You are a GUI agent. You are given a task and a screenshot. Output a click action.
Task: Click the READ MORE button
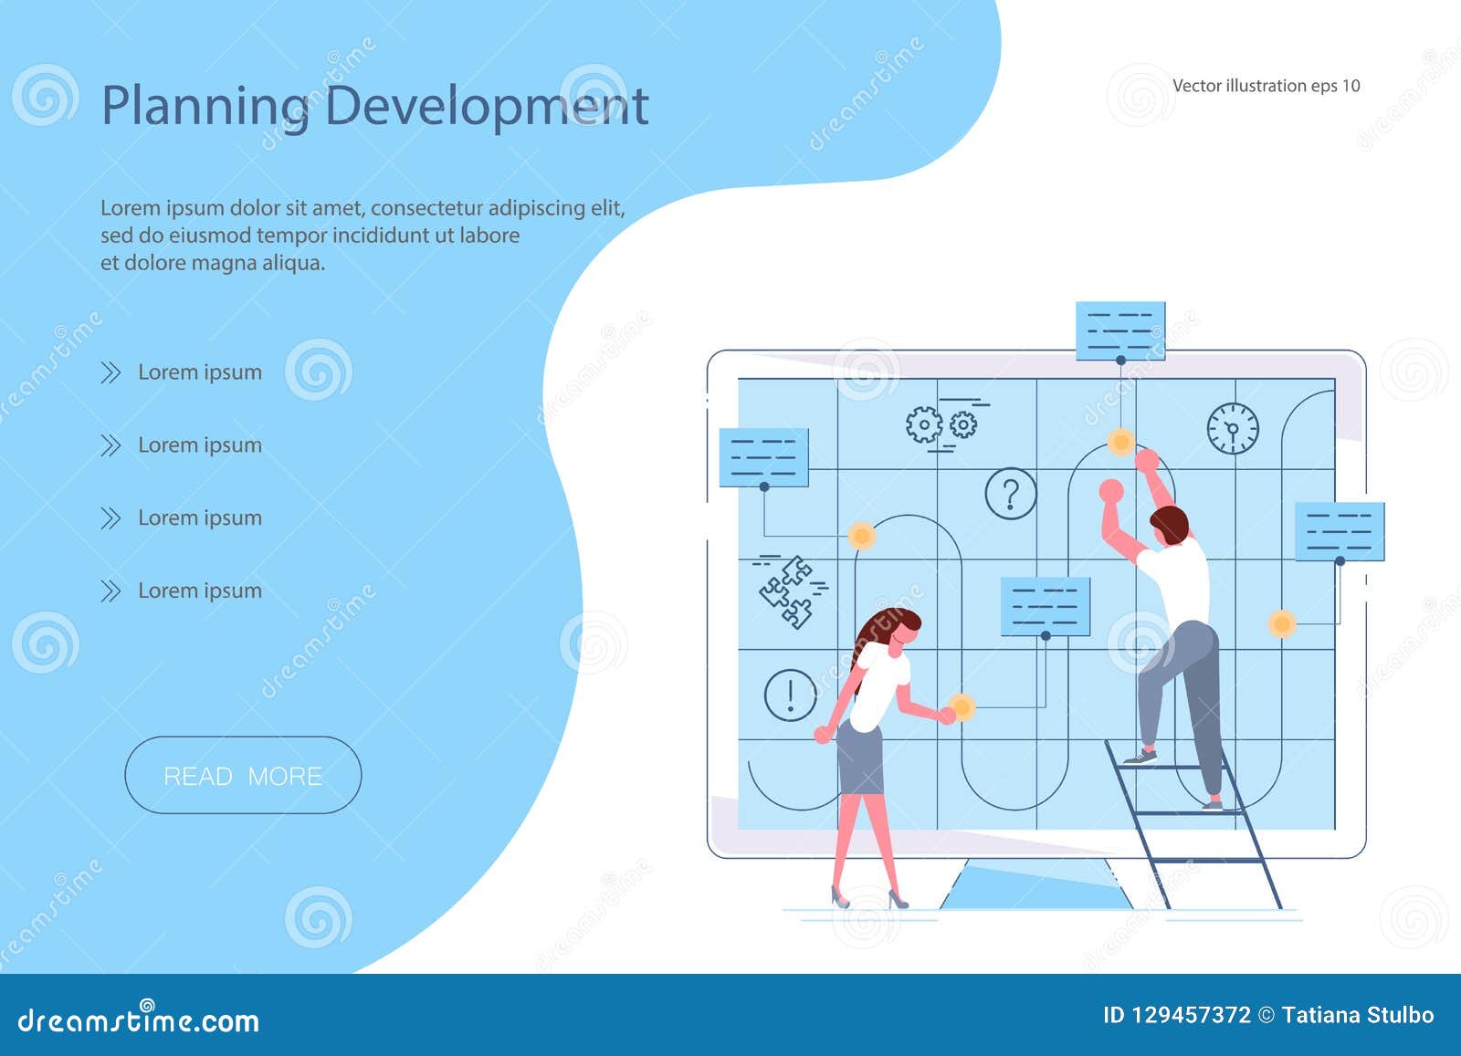pyautogui.click(x=243, y=776)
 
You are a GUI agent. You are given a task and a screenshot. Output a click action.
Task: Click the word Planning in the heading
pyautogui.click(x=205, y=107)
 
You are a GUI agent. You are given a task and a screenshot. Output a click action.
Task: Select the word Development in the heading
pyautogui.click(x=486, y=105)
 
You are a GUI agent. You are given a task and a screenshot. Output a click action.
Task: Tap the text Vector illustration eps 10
pyautogui.click(x=1266, y=86)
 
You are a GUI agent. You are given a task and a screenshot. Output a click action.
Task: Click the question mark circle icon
pyautogui.click(x=1011, y=495)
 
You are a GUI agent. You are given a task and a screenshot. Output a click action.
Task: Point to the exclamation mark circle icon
pyautogui.click(x=790, y=695)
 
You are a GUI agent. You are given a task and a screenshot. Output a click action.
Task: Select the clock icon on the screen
pyautogui.click(x=1233, y=428)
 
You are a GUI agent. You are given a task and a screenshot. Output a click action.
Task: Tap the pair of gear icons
pyautogui.click(x=941, y=424)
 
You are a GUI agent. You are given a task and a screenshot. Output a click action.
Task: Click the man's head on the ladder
pyautogui.click(x=1169, y=527)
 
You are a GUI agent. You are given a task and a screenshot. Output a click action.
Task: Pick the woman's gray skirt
pyautogui.click(x=860, y=757)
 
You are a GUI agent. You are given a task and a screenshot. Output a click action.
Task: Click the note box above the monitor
pyautogui.click(x=1120, y=330)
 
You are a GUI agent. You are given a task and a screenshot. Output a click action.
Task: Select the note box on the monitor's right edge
pyautogui.click(x=1340, y=531)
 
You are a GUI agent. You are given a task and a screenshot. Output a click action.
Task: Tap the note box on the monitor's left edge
pyautogui.click(x=763, y=456)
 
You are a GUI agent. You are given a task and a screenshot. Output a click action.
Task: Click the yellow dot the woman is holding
pyautogui.click(x=961, y=706)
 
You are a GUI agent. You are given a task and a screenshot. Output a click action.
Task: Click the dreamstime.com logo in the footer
pyautogui.click(x=139, y=1019)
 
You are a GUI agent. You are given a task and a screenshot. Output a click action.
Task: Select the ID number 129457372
pyautogui.click(x=1191, y=1015)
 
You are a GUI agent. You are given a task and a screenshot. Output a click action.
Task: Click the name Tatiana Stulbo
pyautogui.click(x=1358, y=1015)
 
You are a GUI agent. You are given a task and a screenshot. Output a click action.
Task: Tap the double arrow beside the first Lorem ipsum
pyautogui.click(x=110, y=372)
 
